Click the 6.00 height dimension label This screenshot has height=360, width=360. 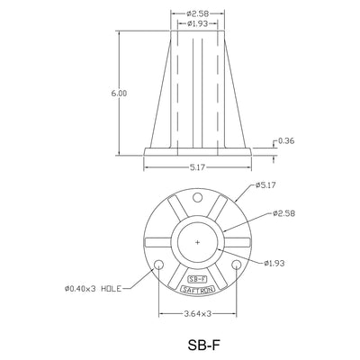119,94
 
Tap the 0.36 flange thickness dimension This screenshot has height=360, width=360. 286,140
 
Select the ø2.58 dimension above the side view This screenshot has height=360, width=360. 197,13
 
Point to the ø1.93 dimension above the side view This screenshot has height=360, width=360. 197,23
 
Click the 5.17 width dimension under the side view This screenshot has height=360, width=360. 197,167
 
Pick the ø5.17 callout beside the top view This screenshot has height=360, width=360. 265,185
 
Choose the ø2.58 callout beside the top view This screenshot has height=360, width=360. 284,213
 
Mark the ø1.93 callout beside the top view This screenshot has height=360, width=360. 274,263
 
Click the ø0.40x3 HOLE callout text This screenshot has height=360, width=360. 93,289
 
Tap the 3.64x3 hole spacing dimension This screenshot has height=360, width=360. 197,314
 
